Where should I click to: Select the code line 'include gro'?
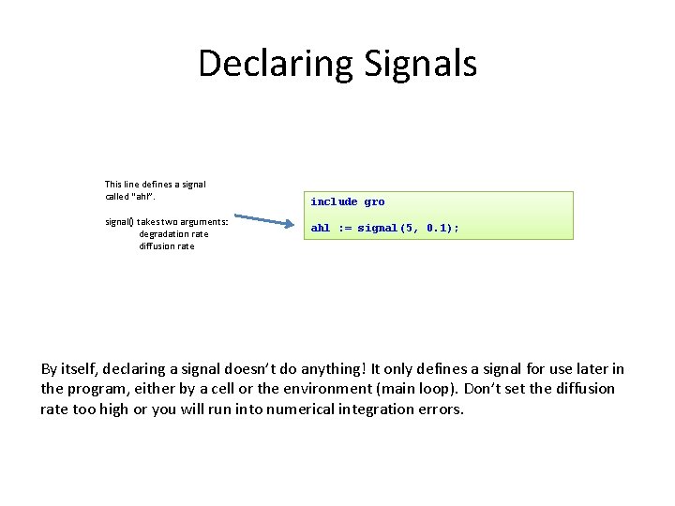point(348,201)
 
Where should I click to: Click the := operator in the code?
point(344,228)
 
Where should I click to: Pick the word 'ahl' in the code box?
point(321,228)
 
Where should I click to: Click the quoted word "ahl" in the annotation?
point(142,197)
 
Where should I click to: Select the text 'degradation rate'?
point(173,234)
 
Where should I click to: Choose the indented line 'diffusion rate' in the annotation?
point(167,246)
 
